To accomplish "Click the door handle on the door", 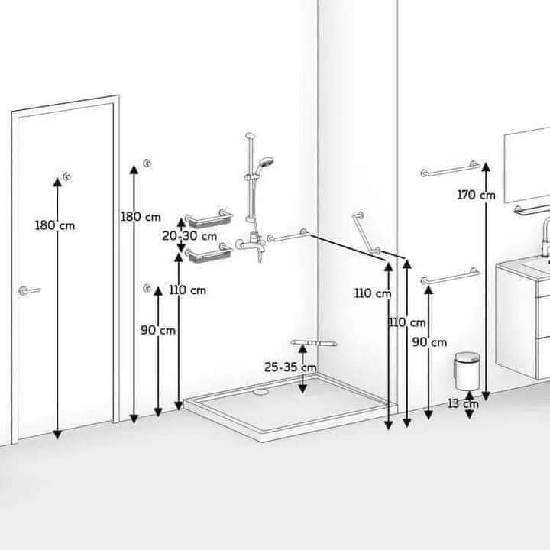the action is point(29,290).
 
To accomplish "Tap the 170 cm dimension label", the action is point(476,195).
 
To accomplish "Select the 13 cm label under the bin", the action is point(463,404).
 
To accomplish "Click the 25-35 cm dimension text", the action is point(290,367).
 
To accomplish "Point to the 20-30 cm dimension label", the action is point(189,236).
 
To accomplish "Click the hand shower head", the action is point(266,163).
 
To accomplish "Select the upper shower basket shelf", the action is point(209,218).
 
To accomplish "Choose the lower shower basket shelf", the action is point(209,254).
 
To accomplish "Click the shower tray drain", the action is point(260,392).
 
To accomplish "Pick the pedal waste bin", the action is point(467,371).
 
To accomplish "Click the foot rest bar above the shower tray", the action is point(314,343).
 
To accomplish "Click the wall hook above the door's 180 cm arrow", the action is point(66,176).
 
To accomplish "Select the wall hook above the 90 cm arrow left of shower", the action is point(147,288).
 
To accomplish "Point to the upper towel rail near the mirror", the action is point(451,168).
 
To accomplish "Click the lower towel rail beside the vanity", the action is point(451,276).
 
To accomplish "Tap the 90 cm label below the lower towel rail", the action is point(429,342).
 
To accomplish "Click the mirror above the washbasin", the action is point(527,165).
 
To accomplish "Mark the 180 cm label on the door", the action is point(55,225).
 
